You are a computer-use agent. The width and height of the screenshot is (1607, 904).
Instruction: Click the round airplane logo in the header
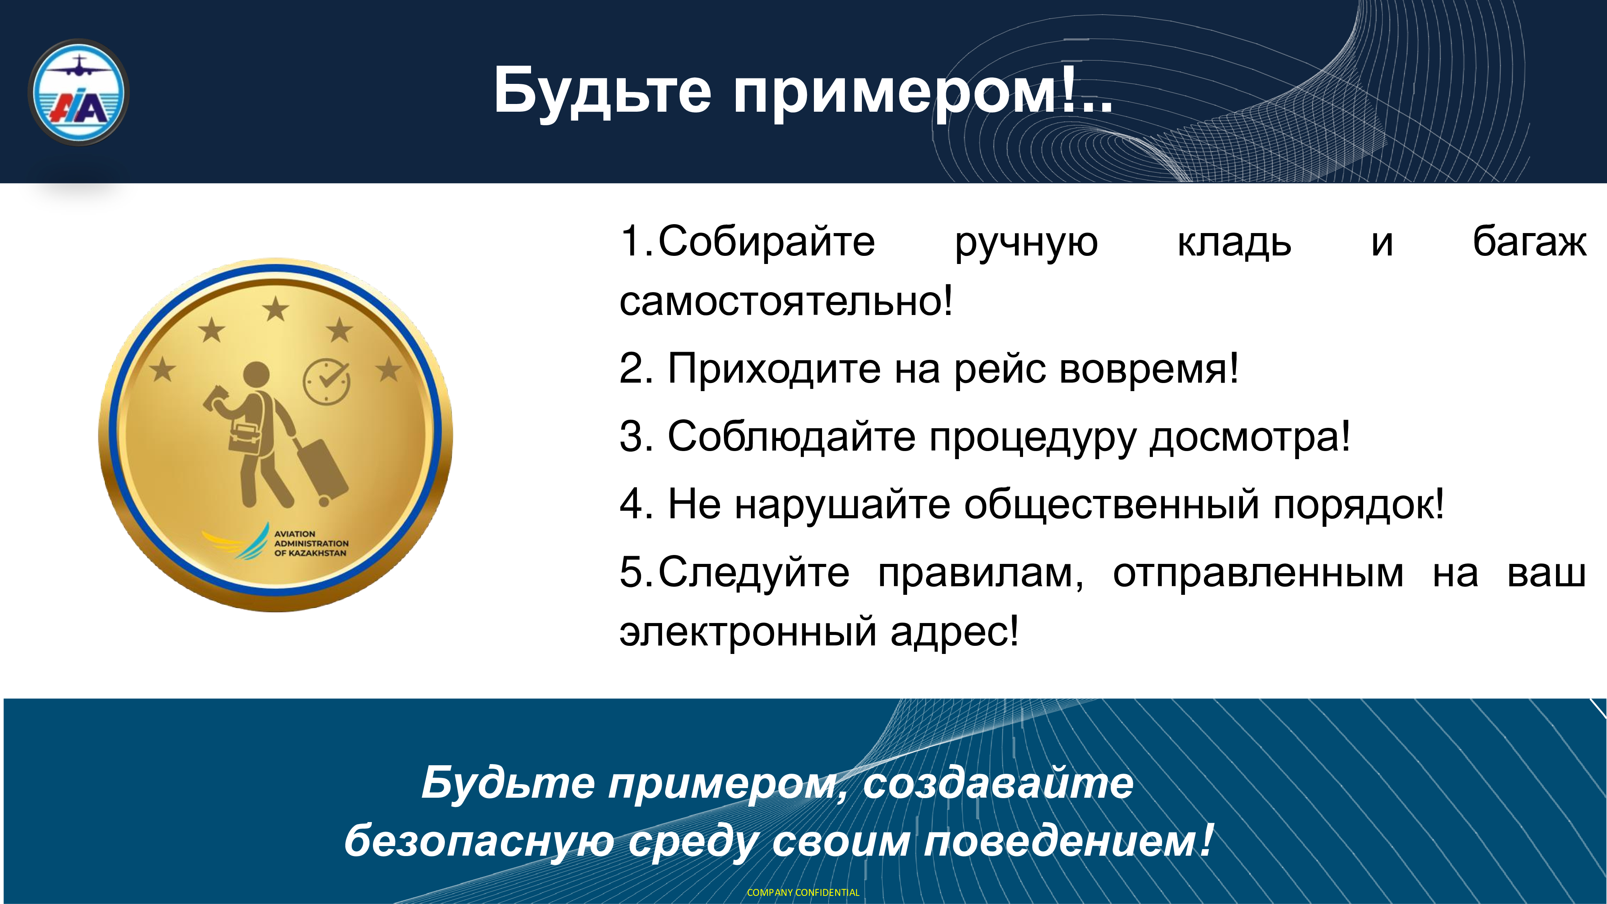(78, 92)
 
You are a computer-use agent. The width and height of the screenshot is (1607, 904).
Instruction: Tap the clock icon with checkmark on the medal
(326, 381)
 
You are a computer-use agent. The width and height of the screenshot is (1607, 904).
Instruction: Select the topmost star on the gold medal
(275, 309)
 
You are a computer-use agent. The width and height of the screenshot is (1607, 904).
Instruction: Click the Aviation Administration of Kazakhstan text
(311, 543)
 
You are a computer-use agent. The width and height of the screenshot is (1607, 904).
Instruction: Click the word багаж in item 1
(1529, 242)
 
